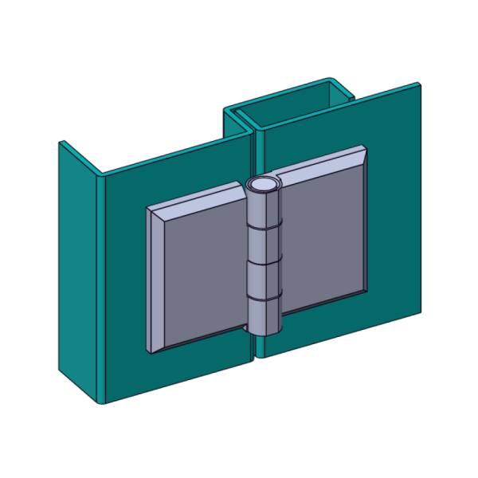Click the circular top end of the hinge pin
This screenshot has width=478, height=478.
(x=262, y=185)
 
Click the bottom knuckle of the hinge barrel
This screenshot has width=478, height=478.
(x=262, y=315)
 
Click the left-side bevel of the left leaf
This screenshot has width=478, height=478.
(x=155, y=279)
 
